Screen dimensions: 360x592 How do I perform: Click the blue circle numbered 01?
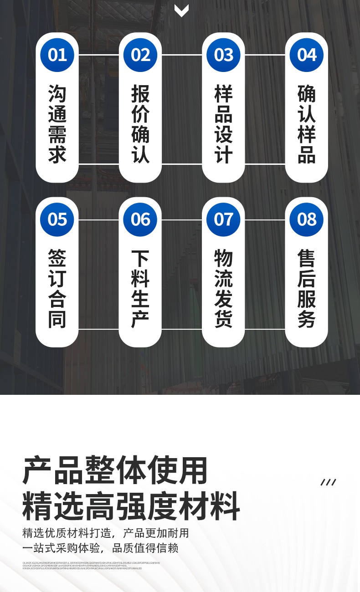(x=57, y=55)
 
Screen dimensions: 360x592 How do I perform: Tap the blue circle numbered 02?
(x=140, y=55)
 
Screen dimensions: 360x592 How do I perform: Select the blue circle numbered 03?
(x=223, y=55)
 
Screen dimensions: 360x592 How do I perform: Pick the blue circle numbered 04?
(x=307, y=55)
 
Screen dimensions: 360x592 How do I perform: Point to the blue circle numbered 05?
(x=57, y=219)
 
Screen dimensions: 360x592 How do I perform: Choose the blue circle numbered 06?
(x=140, y=219)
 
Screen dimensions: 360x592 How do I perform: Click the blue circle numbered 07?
(x=223, y=219)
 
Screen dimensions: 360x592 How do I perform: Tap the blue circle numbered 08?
(x=307, y=219)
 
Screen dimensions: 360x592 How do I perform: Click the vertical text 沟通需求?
(x=57, y=124)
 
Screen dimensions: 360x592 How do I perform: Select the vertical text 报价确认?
(x=140, y=124)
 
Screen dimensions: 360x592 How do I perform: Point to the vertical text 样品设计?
(x=223, y=124)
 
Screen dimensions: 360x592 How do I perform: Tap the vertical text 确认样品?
(x=307, y=124)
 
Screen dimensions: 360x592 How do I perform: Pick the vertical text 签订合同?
(x=57, y=288)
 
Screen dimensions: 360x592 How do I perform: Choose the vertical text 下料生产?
(x=140, y=288)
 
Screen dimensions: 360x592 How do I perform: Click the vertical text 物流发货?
(x=223, y=288)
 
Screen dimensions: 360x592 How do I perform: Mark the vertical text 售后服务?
(x=307, y=288)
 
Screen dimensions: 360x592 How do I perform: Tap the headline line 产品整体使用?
(x=115, y=470)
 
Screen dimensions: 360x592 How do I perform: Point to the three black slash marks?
(x=328, y=482)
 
